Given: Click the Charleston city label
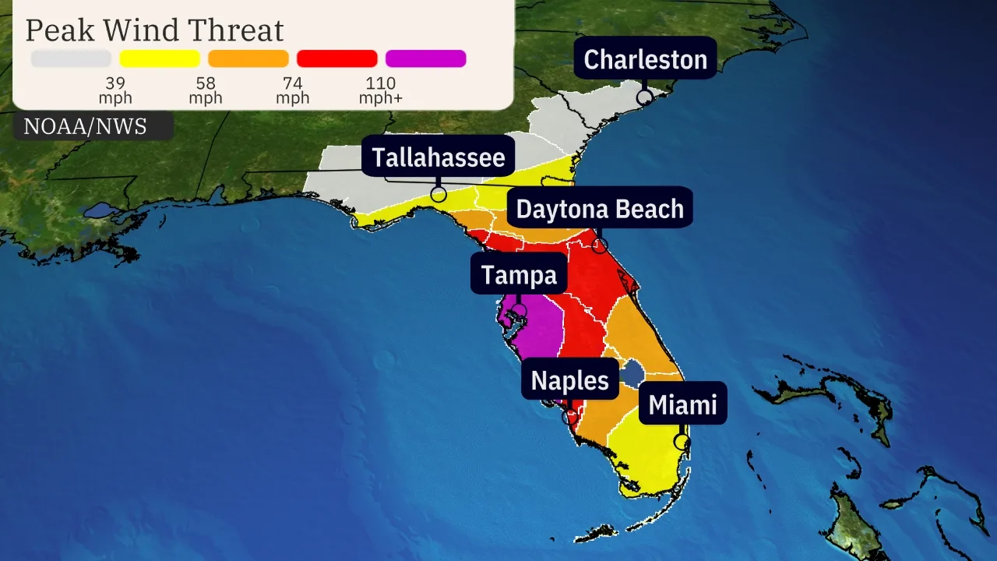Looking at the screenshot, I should (645, 59).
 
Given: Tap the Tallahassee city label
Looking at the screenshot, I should (439, 157).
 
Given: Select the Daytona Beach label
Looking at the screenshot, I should (600, 209).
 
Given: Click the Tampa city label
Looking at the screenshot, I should (519, 275).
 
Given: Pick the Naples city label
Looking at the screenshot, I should (569, 380).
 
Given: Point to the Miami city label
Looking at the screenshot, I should (682, 404).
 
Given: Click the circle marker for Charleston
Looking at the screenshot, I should (644, 97).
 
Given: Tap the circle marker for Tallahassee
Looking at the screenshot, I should (439, 194).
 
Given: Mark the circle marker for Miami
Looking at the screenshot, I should (682, 442).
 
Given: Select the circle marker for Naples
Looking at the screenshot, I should (570, 416).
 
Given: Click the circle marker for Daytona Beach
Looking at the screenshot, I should (599, 245).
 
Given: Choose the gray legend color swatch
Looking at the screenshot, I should (71, 58).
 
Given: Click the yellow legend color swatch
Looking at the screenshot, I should (160, 58).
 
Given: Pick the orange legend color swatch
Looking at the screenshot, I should (248, 58).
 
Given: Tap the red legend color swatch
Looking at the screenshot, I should (337, 58).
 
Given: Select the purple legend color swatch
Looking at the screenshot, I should (426, 58).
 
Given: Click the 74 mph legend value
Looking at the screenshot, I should (292, 90).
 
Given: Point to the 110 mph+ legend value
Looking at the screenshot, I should (381, 90).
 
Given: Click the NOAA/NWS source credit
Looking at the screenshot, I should (86, 127).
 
